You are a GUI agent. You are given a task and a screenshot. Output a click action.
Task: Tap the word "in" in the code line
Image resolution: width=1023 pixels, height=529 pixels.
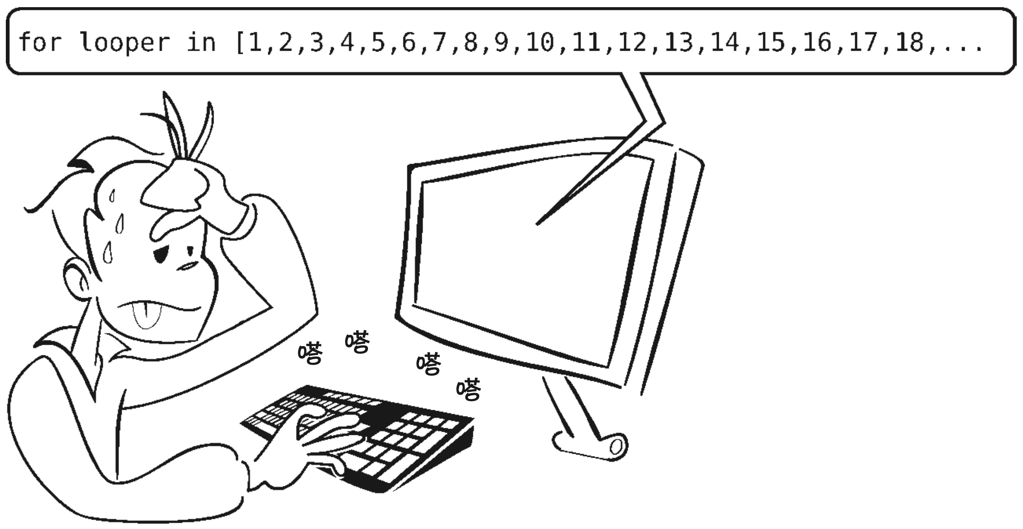[201, 42]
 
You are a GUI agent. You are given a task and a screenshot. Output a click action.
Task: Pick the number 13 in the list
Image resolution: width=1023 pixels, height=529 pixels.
[679, 42]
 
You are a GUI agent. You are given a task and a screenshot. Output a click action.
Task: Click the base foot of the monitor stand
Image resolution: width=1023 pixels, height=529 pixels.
[588, 446]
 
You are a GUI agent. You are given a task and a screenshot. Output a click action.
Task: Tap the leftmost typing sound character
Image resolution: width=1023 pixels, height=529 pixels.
[310, 353]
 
